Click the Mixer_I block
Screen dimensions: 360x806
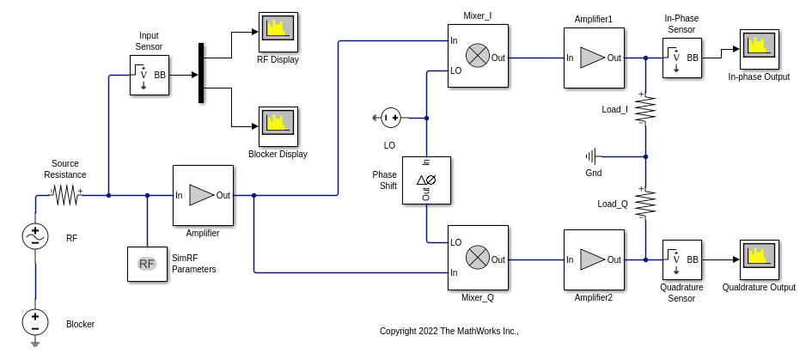click(x=478, y=56)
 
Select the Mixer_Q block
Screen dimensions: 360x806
click(x=478, y=257)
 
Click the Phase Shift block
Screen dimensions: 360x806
click(x=426, y=180)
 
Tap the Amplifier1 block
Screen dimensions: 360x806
click(x=594, y=58)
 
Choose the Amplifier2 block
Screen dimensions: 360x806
click(x=594, y=259)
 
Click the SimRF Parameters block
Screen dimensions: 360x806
click(x=147, y=264)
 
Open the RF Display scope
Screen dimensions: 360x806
click(x=278, y=32)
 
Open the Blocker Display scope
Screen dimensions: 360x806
click(x=278, y=126)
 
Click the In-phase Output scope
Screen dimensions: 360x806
click(x=759, y=49)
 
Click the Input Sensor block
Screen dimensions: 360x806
click(x=149, y=76)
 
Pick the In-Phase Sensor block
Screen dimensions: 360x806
click(x=681, y=58)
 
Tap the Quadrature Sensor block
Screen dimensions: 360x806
click(x=681, y=259)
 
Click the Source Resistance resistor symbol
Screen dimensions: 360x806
click(x=66, y=196)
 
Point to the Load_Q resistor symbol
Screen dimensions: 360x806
click(x=645, y=203)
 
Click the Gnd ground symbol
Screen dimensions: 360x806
click(x=592, y=156)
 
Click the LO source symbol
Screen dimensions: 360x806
click(x=391, y=118)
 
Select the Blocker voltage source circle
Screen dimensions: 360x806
click(x=35, y=322)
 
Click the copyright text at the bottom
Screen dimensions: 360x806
click(x=449, y=331)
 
